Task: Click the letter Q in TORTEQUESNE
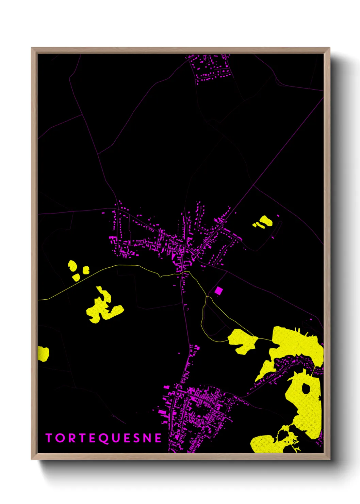(x=103, y=438)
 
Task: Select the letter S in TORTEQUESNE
(x=137, y=438)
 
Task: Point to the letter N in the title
(x=147, y=438)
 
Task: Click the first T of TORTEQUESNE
(x=49, y=438)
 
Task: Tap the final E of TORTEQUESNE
(x=158, y=438)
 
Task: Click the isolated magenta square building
(x=218, y=290)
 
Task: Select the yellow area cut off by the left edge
(x=43, y=353)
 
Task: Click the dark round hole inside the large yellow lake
(x=306, y=389)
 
